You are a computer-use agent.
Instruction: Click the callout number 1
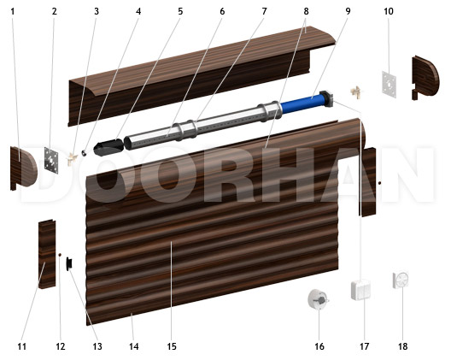(x=12, y=11)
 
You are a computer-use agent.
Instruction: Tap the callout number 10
(x=389, y=11)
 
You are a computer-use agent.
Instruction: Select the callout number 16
(x=319, y=346)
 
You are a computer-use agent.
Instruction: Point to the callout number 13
(x=97, y=346)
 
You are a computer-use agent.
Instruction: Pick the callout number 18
(x=403, y=346)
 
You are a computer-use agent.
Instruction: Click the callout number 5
(x=180, y=11)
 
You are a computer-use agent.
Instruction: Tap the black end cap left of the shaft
(x=108, y=147)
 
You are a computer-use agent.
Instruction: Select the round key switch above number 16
(x=318, y=299)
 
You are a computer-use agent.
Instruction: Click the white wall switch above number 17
(x=360, y=290)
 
